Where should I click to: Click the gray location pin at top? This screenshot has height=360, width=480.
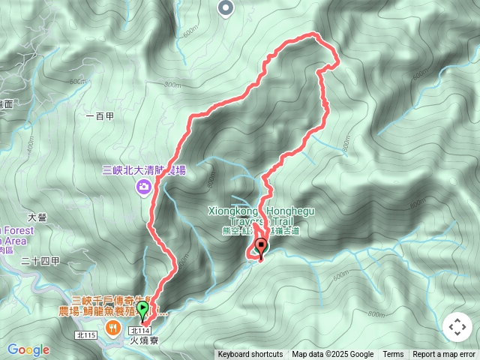226,8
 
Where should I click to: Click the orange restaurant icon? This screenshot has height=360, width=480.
113,327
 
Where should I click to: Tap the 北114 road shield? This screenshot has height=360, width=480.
140,330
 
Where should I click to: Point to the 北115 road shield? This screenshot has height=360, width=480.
89,334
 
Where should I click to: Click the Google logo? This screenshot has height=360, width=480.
28,349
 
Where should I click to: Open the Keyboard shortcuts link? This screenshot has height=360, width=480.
250,355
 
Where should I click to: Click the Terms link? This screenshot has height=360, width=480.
393,355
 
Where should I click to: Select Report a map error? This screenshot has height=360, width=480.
444,355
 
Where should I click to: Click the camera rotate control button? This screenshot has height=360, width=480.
457,328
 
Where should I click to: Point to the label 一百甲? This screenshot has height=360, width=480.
99,116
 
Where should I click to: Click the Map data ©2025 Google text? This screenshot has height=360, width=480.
333,355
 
